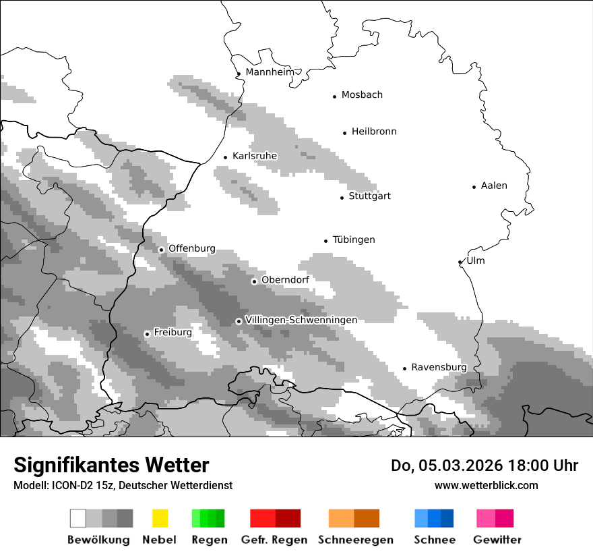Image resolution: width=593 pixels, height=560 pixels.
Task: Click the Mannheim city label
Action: coord(270,72)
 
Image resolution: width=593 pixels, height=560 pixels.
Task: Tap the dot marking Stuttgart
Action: coord(342,198)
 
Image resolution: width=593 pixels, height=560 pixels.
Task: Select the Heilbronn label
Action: coord(374,132)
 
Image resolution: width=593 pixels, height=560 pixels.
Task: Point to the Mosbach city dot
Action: coord(334,96)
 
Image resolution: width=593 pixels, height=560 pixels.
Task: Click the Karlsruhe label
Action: coord(255,156)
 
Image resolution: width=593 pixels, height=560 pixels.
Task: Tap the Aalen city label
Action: coord(494,186)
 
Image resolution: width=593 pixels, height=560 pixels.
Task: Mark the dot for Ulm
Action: coord(460,262)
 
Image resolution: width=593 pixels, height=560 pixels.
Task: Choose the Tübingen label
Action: coord(354,240)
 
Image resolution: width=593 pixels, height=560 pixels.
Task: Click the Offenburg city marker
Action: coord(161,250)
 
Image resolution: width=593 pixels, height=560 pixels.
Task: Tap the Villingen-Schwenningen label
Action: coord(301,320)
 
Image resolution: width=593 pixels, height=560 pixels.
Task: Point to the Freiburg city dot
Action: coord(147,334)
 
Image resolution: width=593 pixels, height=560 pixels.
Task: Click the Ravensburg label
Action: coord(439,367)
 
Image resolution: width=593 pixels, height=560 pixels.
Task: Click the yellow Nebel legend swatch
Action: coord(160,518)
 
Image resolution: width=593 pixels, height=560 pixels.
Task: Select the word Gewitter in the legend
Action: coord(497,540)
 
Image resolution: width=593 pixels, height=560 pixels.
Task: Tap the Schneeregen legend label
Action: coord(356,540)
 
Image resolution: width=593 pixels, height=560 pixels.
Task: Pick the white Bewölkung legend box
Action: coord(77,518)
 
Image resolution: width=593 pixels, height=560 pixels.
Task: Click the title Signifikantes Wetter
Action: coord(111,465)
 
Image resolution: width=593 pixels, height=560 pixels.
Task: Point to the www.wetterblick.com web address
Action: coord(486,485)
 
